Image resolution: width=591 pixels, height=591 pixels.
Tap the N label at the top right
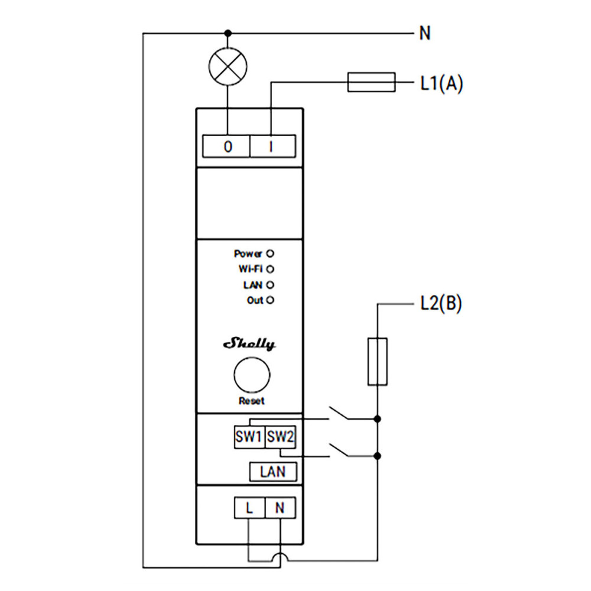point(424,33)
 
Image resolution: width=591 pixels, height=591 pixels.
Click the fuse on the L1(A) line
point(371,83)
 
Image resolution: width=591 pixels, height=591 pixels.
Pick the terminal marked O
point(227,147)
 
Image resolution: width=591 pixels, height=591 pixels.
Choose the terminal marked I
point(271,147)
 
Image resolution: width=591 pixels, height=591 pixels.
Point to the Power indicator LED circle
point(271,254)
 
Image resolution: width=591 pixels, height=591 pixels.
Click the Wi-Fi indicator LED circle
point(271,269)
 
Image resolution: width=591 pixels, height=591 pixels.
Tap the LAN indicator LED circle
point(271,285)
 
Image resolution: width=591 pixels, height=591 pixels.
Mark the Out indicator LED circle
point(271,300)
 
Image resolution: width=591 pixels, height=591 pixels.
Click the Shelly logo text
point(249,345)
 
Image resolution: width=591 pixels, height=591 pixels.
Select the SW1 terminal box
point(249,437)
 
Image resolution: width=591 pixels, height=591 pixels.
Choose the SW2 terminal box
point(280,437)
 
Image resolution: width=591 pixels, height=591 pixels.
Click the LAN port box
point(272,472)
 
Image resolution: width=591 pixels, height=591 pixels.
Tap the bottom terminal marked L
point(249,508)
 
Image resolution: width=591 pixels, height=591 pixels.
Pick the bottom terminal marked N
point(280,508)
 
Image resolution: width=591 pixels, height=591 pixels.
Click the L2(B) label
point(441,304)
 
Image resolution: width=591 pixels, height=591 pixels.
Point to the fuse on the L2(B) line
point(378,362)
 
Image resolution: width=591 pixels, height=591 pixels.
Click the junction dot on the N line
point(228,33)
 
